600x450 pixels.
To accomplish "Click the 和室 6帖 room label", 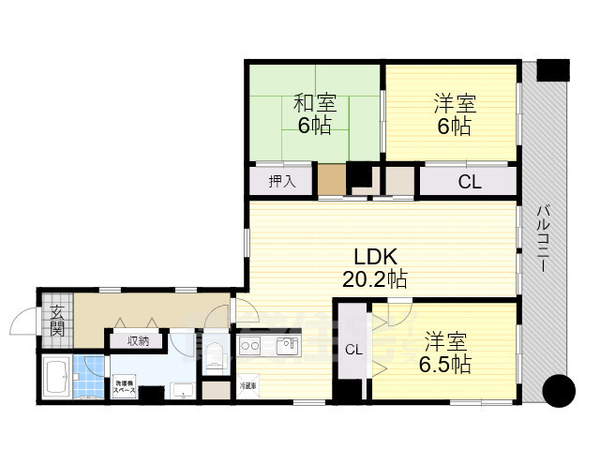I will pos(314,113).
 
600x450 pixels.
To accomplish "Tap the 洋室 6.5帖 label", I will pos(445,352).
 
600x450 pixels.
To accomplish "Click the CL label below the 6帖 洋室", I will pos(469,183).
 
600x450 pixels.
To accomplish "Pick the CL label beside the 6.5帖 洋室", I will pos(352,351).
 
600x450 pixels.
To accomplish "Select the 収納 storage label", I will pos(138,340).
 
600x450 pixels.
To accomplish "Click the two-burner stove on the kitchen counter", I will pos(250,346).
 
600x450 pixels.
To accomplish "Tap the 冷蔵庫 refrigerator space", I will pos(247,385).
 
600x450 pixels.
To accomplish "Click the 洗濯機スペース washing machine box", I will pos(125,384).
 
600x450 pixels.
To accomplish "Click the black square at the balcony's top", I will pos(553,68).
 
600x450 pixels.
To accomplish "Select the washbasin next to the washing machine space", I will pos(185,389).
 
